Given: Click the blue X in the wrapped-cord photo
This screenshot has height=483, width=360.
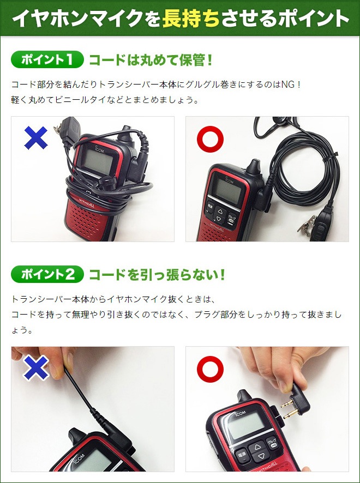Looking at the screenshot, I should [x=36, y=137].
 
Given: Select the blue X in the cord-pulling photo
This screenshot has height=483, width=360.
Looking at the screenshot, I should [x=36, y=369].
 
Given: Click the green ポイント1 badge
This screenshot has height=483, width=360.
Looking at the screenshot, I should [x=46, y=59].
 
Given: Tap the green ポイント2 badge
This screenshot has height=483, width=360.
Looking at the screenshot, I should [x=46, y=274].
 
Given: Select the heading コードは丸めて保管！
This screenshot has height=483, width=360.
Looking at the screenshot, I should [x=150, y=59].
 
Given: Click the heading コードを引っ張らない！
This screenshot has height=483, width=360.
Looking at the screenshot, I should [x=157, y=274].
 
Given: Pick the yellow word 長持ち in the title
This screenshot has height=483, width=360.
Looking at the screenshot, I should [x=191, y=19].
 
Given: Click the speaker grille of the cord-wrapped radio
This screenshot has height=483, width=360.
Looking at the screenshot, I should [x=87, y=218].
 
